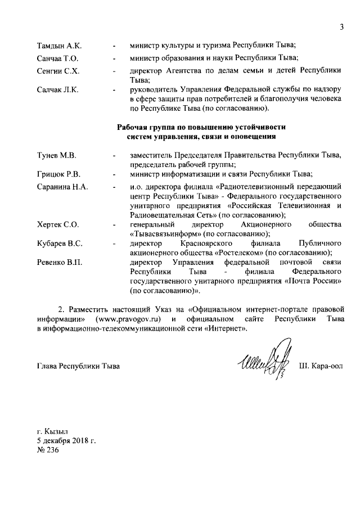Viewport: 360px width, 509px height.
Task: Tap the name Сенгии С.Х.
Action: pyautogui.click(x=55, y=71)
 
